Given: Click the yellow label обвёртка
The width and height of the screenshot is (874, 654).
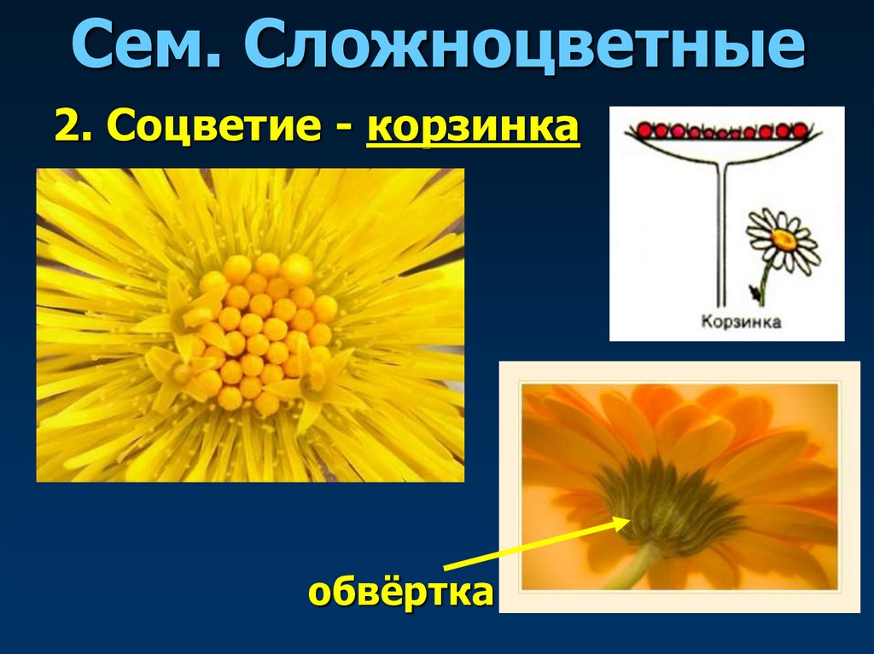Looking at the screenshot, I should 401,592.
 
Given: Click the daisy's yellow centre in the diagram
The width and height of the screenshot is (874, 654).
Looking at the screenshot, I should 784,240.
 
